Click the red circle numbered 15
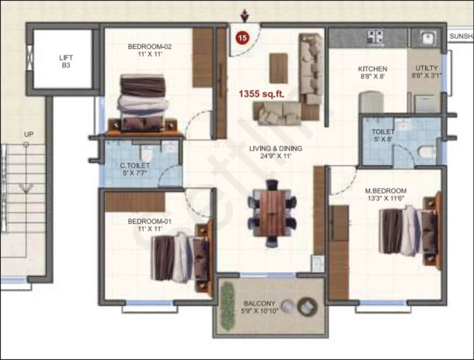pos(242,38)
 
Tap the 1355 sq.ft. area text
pos(262,94)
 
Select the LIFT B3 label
pos(66,61)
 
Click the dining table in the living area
pos(272,213)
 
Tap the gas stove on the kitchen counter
pos(375,37)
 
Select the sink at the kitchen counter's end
pos(428,38)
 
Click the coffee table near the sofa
pos(278,68)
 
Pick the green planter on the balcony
pos(228,306)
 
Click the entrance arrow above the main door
pos(244,16)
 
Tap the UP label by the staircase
pos(29,134)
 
